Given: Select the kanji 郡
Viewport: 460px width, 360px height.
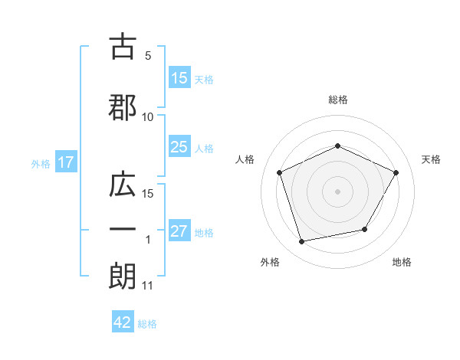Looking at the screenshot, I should pos(123,108).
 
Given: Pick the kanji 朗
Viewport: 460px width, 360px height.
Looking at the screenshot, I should pos(123,277).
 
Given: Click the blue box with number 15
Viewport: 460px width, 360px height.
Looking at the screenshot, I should pos(179,78).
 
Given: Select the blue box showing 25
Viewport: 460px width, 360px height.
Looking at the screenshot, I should pos(179,147).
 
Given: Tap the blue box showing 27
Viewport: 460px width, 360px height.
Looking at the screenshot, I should pos(179,231).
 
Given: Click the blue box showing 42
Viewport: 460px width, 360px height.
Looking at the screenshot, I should pos(123,322).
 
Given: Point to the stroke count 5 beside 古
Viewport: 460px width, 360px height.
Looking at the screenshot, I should pos(148,56).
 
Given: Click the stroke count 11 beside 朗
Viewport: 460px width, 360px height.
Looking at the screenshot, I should pos(148,286).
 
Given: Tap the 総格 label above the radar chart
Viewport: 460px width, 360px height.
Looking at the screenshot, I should pos(337,100).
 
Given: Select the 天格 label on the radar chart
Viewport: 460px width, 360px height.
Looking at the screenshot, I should pos(431,159).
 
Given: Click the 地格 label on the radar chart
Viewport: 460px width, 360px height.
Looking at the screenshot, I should pos(402,262).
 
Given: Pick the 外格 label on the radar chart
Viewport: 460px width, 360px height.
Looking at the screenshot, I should pos(270,262).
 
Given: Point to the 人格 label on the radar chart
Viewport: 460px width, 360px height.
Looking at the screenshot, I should pos(245,159).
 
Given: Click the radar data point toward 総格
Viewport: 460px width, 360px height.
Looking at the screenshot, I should pos(337,146).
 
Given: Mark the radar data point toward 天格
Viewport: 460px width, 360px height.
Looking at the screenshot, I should pos(396,172).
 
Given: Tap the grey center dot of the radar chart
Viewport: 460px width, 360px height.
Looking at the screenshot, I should pos(337,191).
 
